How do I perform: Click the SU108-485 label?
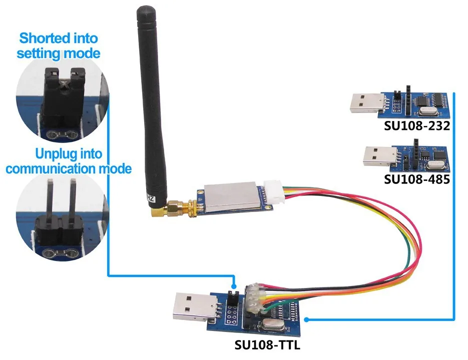[x=417, y=178]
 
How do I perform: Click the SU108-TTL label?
[x=267, y=345]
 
